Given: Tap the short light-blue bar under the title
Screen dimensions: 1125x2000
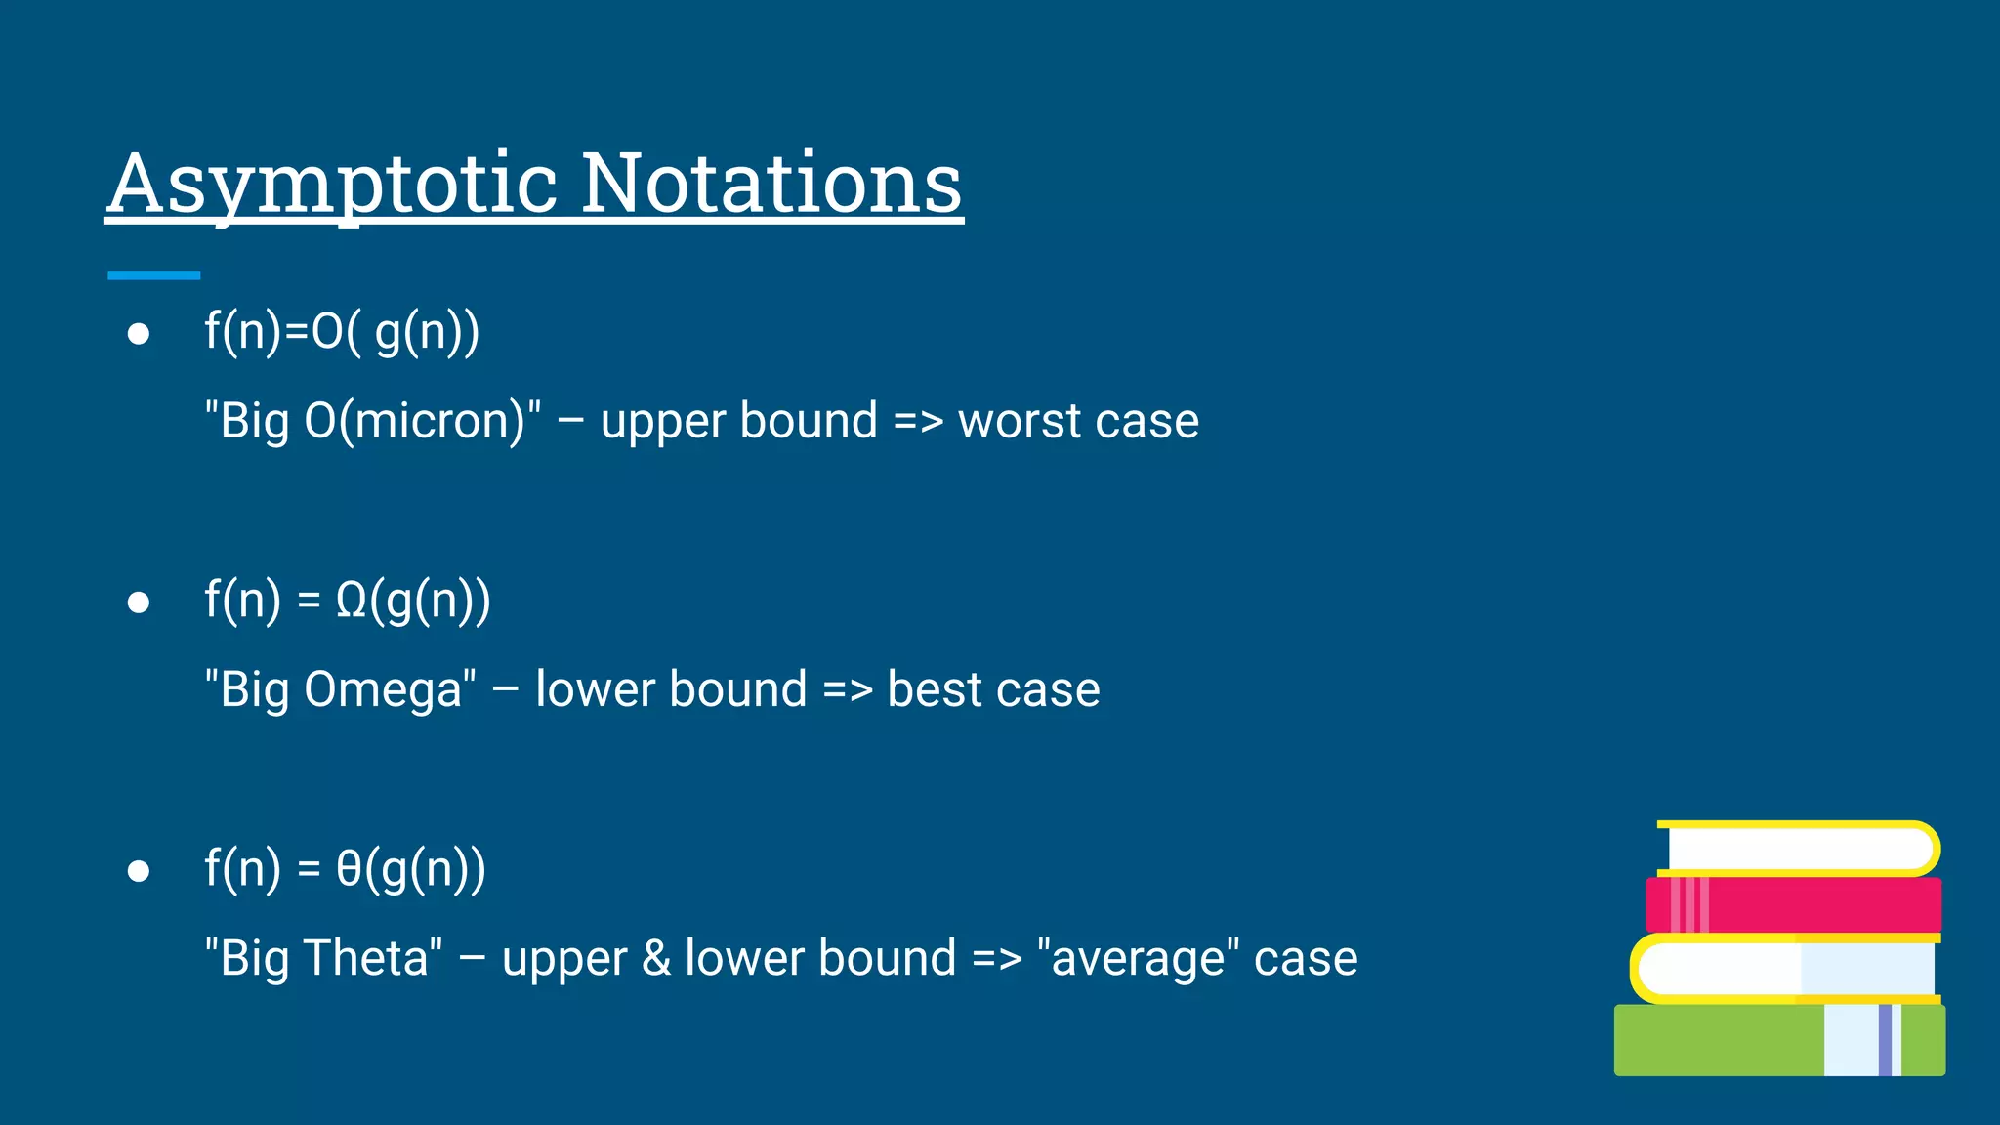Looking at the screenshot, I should click(153, 276).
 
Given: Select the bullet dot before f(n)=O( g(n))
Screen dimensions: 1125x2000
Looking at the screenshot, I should click(139, 335).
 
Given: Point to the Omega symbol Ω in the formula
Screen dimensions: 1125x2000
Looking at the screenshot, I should click(351, 600).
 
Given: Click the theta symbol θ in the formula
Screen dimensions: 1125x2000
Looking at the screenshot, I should click(349, 868).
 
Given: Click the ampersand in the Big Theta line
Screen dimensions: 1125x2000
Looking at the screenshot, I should click(656, 958).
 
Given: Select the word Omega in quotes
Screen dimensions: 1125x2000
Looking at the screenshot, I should click(382, 689).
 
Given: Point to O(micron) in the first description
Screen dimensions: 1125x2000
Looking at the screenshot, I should click(414, 422).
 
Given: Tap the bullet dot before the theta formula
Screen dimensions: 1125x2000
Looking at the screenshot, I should click(139, 871).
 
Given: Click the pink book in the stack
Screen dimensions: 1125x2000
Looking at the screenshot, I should click(1816, 904).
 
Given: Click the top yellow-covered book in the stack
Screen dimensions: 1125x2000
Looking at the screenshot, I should click(1797, 848).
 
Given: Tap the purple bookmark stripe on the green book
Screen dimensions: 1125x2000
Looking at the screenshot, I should click(1885, 1040).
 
